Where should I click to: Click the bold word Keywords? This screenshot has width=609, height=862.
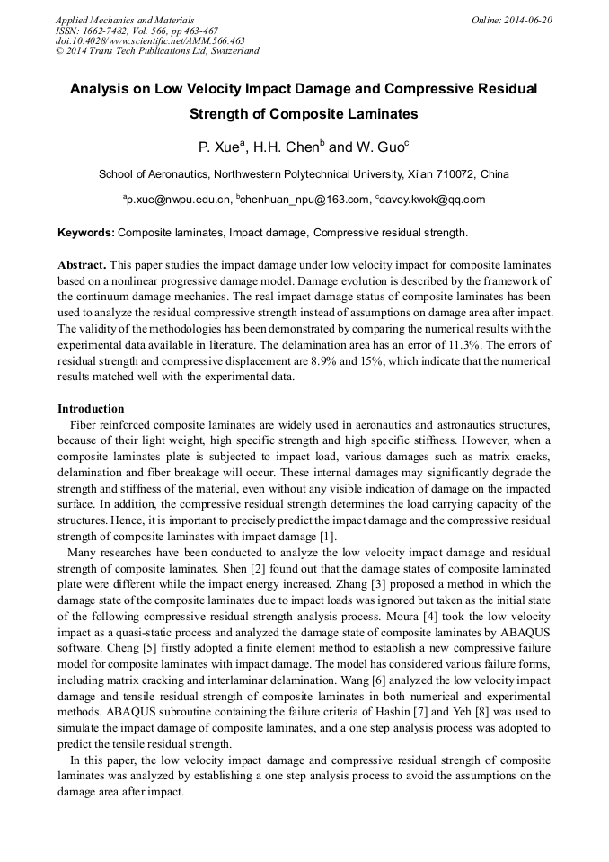click(85, 233)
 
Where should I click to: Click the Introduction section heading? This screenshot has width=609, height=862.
click(91, 409)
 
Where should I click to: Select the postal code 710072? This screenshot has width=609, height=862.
click(457, 173)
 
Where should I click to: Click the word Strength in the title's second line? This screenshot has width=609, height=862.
click(223, 114)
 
